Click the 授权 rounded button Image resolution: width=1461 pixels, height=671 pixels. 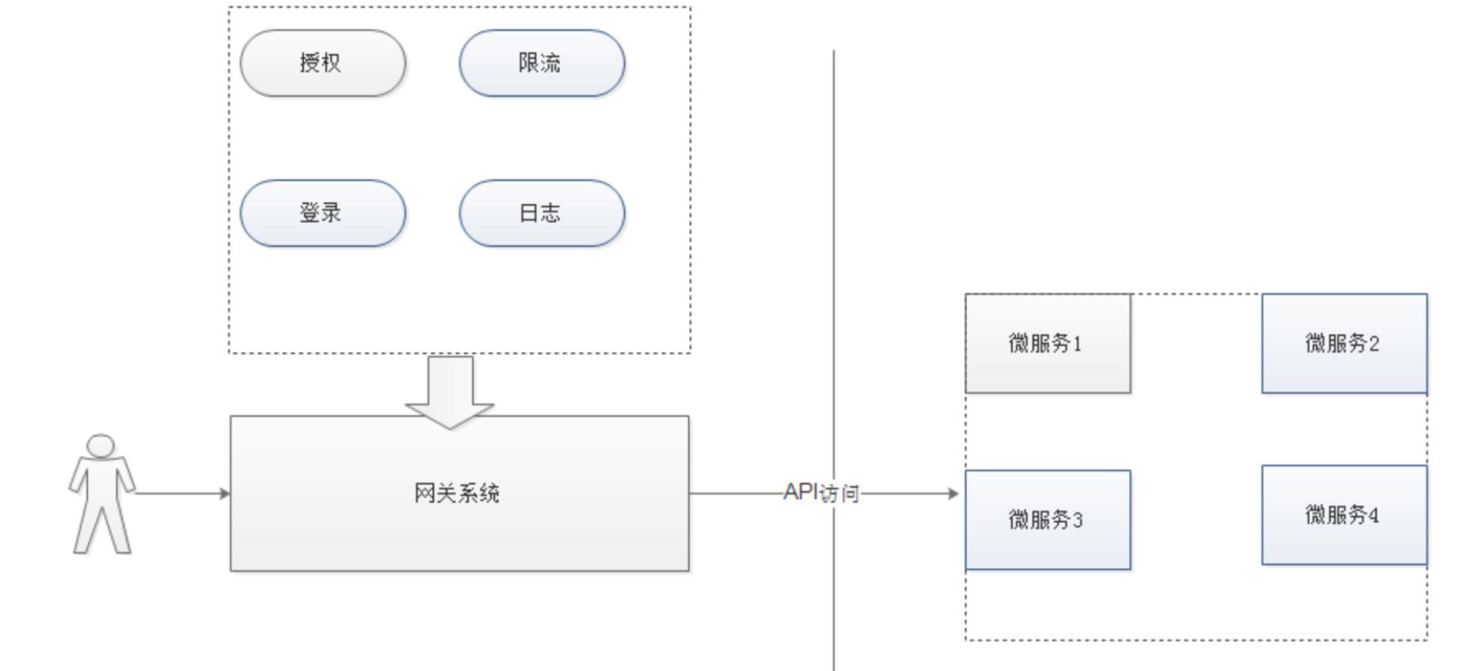(x=322, y=64)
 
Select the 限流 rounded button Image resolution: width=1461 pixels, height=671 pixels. (x=541, y=64)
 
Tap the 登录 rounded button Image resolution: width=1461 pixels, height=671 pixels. (x=322, y=213)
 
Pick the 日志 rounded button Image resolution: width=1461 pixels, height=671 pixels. (x=541, y=213)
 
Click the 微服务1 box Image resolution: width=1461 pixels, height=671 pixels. (x=1048, y=344)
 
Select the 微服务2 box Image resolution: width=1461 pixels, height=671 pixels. (x=1344, y=344)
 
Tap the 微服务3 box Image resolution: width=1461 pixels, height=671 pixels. (x=1048, y=520)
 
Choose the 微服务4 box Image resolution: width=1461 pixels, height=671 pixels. (x=1344, y=515)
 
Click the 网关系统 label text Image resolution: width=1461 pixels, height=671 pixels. (x=457, y=493)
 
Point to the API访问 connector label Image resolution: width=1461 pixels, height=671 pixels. (x=821, y=493)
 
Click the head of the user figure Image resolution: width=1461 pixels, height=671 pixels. (x=101, y=445)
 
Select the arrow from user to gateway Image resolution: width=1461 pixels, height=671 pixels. (x=183, y=493)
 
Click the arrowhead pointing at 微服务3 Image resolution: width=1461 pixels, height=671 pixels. (x=954, y=493)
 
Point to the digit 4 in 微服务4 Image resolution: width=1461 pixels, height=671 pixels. (x=1374, y=515)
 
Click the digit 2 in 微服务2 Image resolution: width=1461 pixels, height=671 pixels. (x=1374, y=344)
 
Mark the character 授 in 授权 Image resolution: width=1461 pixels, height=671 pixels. (x=310, y=63)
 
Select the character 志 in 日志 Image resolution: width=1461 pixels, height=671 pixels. (x=551, y=213)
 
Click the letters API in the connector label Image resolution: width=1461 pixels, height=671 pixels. (x=800, y=492)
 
